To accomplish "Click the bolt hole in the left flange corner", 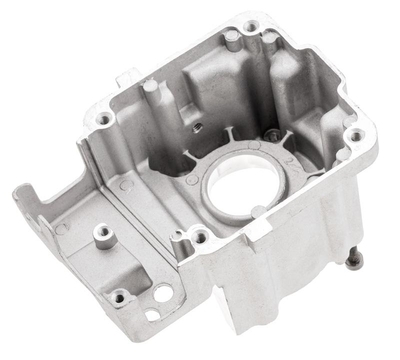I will (x=105, y=119).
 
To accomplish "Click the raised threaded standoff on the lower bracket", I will (x=101, y=234).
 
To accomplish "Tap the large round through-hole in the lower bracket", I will (x=162, y=294).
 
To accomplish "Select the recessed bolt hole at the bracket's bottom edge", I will (x=119, y=297).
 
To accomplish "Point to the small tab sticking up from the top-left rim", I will (x=125, y=76).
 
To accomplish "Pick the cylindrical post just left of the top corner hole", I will (x=231, y=37).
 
